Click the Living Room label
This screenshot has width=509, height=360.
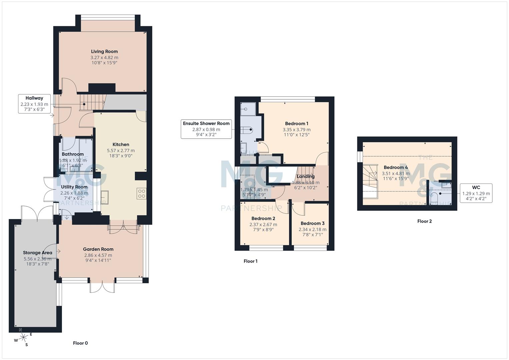pyautogui.click(x=104, y=52)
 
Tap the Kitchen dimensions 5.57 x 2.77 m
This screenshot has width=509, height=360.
pyautogui.click(x=121, y=151)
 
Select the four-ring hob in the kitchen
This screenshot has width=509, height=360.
pyautogui.click(x=141, y=194)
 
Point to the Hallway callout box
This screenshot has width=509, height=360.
pyautogui.click(x=34, y=104)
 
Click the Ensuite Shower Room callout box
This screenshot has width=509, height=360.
pyautogui.click(x=206, y=129)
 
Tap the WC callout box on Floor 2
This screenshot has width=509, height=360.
pyautogui.click(x=476, y=193)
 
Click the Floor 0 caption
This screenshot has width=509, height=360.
pyautogui.click(x=80, y=343)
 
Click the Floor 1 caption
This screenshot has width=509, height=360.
pyautogui.click(x=250, y=261)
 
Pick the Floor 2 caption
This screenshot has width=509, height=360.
pyautogui.click(x=424, y=221)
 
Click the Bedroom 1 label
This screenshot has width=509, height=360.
pyautogui.click(x=297, y=124)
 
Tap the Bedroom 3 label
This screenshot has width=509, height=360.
pyautogui.click(x=312, y=223)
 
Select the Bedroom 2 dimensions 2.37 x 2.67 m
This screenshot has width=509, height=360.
pyautogui.click(x=263, y=224)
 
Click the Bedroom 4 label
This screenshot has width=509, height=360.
pyautogui.click(x=396, y=167)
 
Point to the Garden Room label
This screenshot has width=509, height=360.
pyautogui.click(x=98, y=249)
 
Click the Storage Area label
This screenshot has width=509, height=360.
pyautogui.click(x=37, y=253)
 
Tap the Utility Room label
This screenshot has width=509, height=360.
pyautogui.click(x=74, y=187)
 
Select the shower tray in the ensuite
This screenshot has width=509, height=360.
pyautogui.click(x=248, y=109)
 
